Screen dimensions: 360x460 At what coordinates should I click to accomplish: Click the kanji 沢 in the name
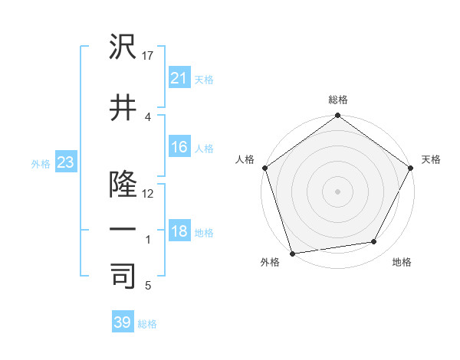click(123, 47)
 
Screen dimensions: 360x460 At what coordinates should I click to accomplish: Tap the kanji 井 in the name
click(123, 108)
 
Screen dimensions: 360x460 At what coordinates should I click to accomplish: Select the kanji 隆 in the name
click(123, 183)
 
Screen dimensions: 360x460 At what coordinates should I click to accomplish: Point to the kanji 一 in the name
click(123, 230)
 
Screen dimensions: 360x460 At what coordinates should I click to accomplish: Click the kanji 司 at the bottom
click(123, 277)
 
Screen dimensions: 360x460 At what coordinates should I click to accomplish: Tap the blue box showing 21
click(179, 77)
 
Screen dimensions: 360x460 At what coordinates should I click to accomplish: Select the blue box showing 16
click(179, 147)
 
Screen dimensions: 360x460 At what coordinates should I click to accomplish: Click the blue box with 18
click(179, 231)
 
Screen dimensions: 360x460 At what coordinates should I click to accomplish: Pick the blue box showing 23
click(65, 162)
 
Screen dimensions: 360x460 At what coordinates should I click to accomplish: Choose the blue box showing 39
click(123, 322)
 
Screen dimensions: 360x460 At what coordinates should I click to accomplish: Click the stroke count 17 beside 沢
click(149, 56)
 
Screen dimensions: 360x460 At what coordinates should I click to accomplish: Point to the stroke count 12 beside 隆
click(149, 193)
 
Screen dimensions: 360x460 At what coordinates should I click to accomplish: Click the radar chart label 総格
click(338, 100)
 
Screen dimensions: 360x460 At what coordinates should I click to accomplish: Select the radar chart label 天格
click(431, 159)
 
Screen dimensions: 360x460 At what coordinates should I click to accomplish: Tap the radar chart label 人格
click(245, 159)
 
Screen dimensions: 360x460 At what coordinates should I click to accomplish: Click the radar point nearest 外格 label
click(292, 252)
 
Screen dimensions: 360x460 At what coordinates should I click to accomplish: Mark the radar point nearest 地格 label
click(374, 242)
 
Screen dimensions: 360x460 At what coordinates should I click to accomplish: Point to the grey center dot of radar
click(337, 191)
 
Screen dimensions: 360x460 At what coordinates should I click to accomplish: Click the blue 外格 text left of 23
click(40, 163)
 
